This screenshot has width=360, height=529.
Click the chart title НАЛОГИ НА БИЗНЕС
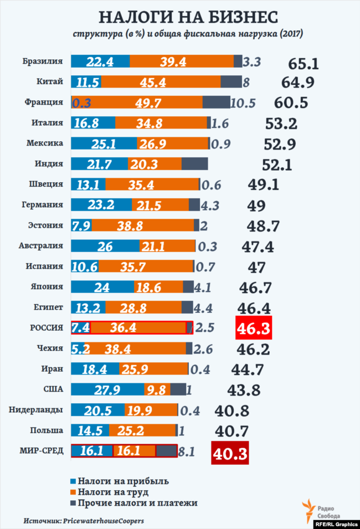tap(180, 17)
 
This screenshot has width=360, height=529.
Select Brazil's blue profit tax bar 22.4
tap(100, 61)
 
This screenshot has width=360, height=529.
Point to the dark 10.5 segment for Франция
tap(216, 102)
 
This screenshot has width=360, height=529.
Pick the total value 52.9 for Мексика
tap(279, 145)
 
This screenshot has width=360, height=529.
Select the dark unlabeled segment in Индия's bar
tap(195, 164)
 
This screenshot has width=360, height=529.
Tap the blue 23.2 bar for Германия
tap(101, 205)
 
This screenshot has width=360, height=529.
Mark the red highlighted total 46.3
tap(254, 329)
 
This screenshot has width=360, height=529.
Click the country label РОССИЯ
tap(46, 327)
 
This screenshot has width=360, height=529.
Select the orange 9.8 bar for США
tap(158, 389)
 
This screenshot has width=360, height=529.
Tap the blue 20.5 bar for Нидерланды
tap(97, 410)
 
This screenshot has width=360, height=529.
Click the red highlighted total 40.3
tap(229, 453)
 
